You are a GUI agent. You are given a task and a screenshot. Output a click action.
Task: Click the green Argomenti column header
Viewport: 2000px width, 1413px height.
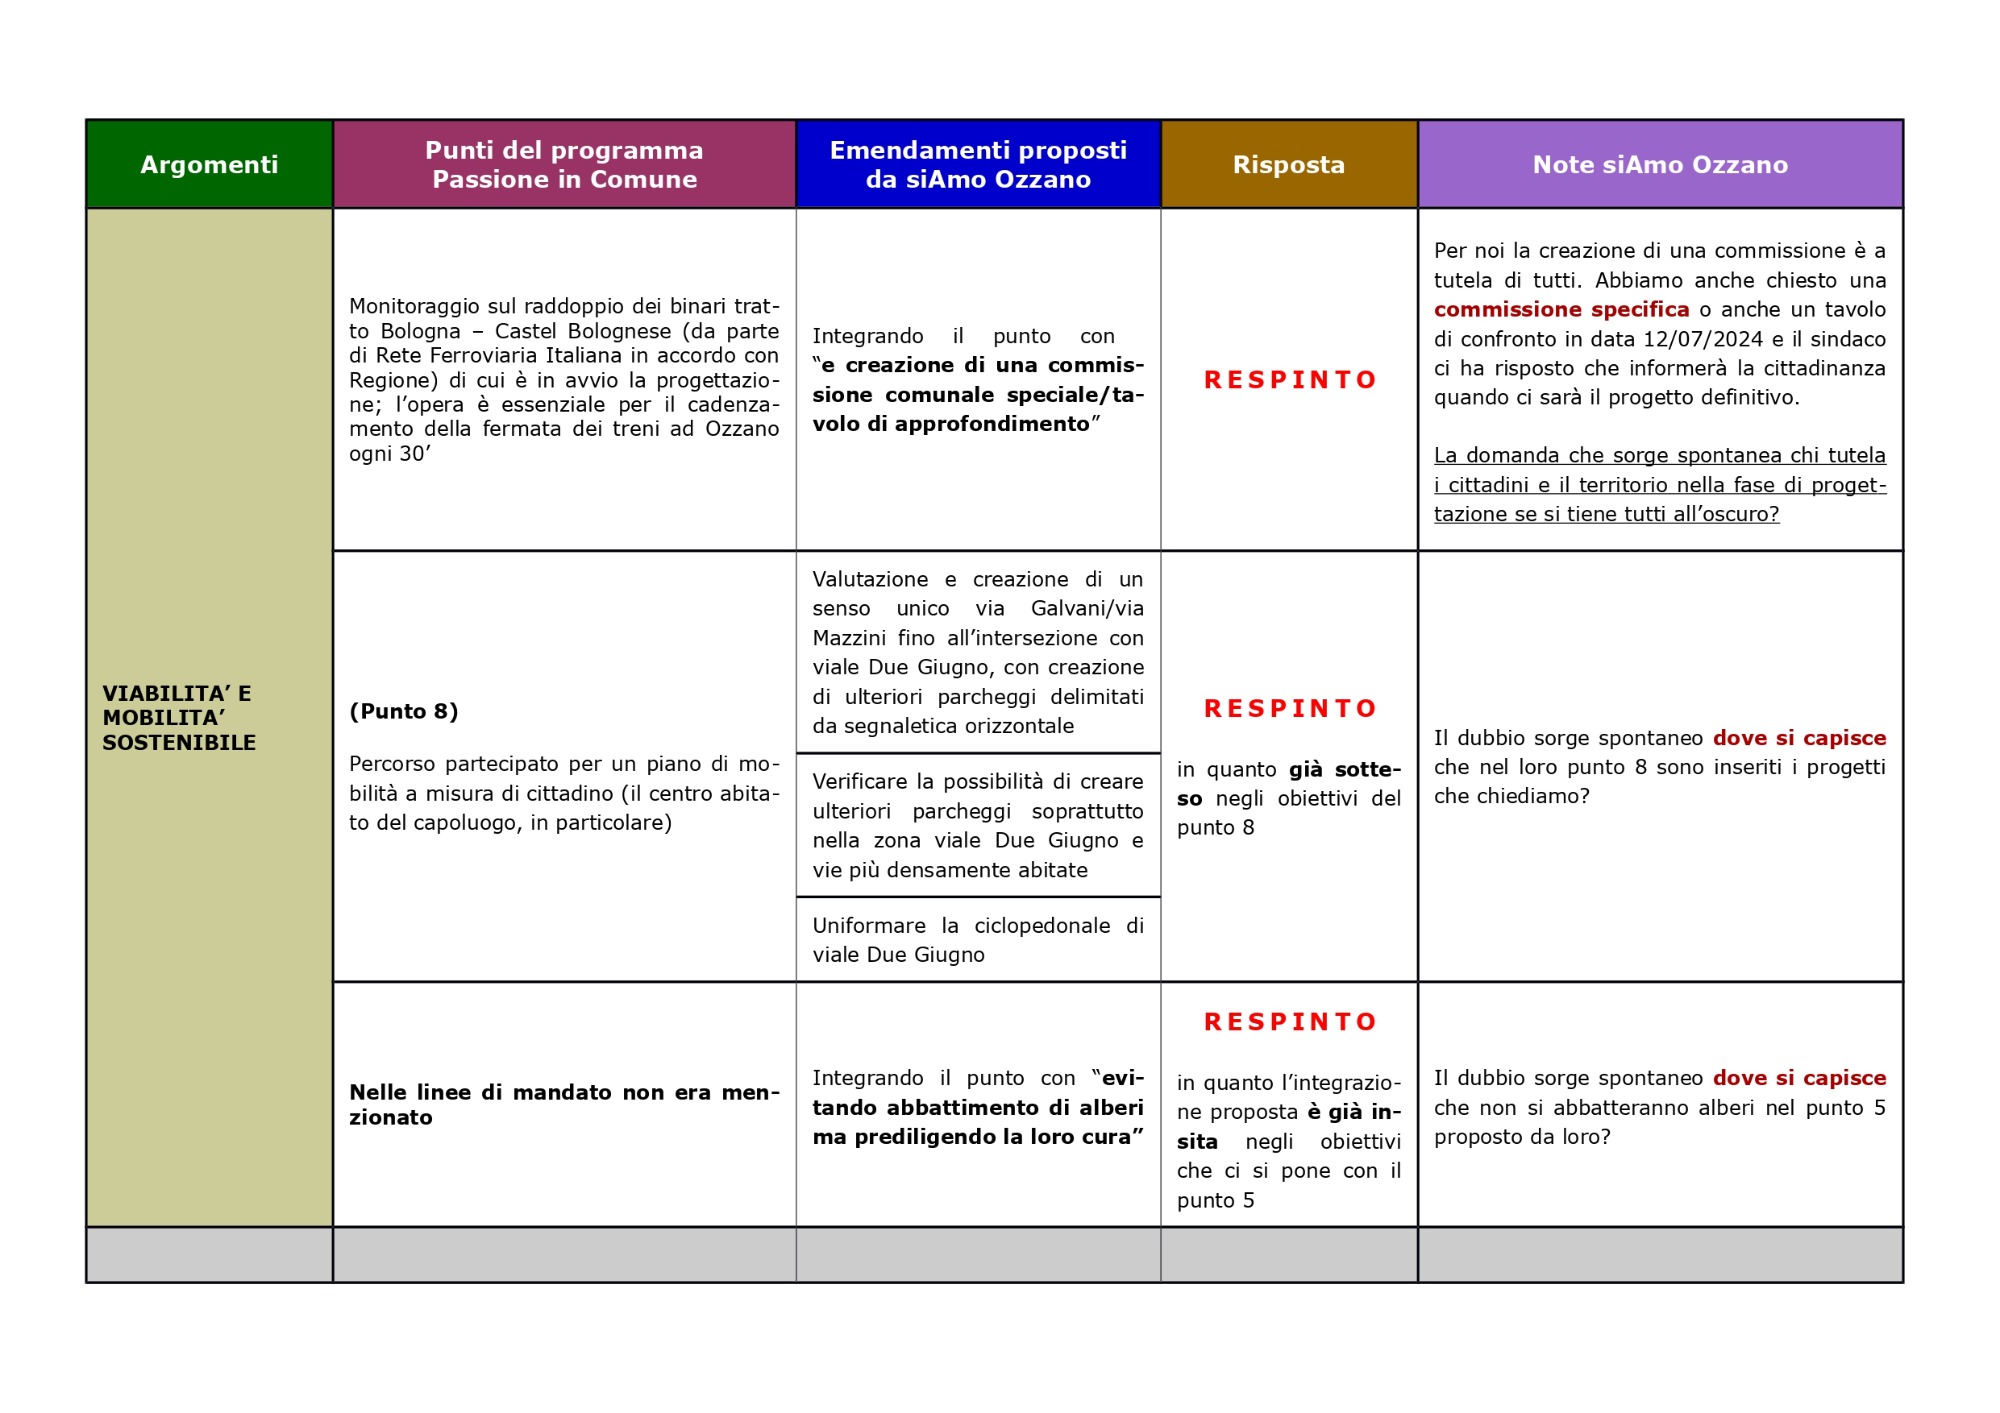(209, 164)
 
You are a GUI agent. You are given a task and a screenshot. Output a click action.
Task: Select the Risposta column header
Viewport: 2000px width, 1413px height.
(1288, 164)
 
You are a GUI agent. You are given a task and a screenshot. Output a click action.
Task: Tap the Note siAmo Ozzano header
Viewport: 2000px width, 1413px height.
(1659, 164)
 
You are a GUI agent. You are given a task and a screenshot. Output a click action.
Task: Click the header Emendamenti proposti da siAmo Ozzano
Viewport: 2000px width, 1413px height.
(978, 164)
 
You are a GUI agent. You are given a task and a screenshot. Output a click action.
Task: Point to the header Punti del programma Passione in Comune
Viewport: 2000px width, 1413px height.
(564, 164)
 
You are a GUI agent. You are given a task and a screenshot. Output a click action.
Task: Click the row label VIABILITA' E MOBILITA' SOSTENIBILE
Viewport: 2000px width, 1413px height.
(179, 717)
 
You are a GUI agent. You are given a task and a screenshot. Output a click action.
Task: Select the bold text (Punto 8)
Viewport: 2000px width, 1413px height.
(404, 711)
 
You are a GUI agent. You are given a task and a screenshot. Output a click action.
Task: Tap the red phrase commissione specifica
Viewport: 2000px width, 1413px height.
(1561, 309)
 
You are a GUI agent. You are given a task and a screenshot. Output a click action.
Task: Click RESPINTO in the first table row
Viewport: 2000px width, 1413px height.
(1290, 380)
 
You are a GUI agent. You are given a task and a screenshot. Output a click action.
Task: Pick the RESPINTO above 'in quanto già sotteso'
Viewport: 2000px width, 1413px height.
(1290, 708)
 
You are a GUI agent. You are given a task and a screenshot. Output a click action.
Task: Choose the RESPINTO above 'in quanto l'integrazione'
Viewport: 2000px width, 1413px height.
(1290, 1021)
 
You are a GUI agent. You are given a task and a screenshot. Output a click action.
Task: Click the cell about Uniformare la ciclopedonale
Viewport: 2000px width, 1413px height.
(977, 939)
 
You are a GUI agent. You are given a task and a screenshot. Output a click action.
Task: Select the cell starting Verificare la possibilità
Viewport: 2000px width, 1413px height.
(977, 825)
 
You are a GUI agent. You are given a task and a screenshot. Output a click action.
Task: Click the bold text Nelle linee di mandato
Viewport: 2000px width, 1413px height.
(563, 1104)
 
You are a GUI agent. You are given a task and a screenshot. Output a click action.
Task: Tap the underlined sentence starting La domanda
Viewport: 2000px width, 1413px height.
(1659, 484)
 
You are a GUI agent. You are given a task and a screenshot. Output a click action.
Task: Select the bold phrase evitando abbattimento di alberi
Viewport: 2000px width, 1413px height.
(977, 1107)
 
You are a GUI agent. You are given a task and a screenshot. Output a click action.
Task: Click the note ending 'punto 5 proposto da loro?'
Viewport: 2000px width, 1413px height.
(1659, 1107)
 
